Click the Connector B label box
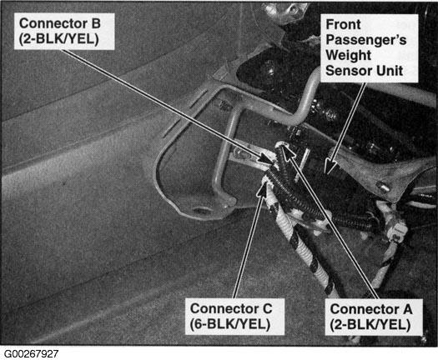[64, 32]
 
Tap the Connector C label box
[234, 317]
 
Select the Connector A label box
[374, 317]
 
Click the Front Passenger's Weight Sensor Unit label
[369, 48]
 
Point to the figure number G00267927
[32, 354]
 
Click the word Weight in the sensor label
[349, 55]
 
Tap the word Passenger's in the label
[366, 39]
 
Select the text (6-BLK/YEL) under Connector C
[230, 324]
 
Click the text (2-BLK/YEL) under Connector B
[59, 39]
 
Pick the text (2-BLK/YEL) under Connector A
[370, 325]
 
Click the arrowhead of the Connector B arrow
[266, 159]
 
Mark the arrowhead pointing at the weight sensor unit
[330, 167]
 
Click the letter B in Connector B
[96, 23]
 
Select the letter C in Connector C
[267, 309]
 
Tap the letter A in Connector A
[407, 309]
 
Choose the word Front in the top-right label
[343, 24]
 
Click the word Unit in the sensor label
[390, 71]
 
